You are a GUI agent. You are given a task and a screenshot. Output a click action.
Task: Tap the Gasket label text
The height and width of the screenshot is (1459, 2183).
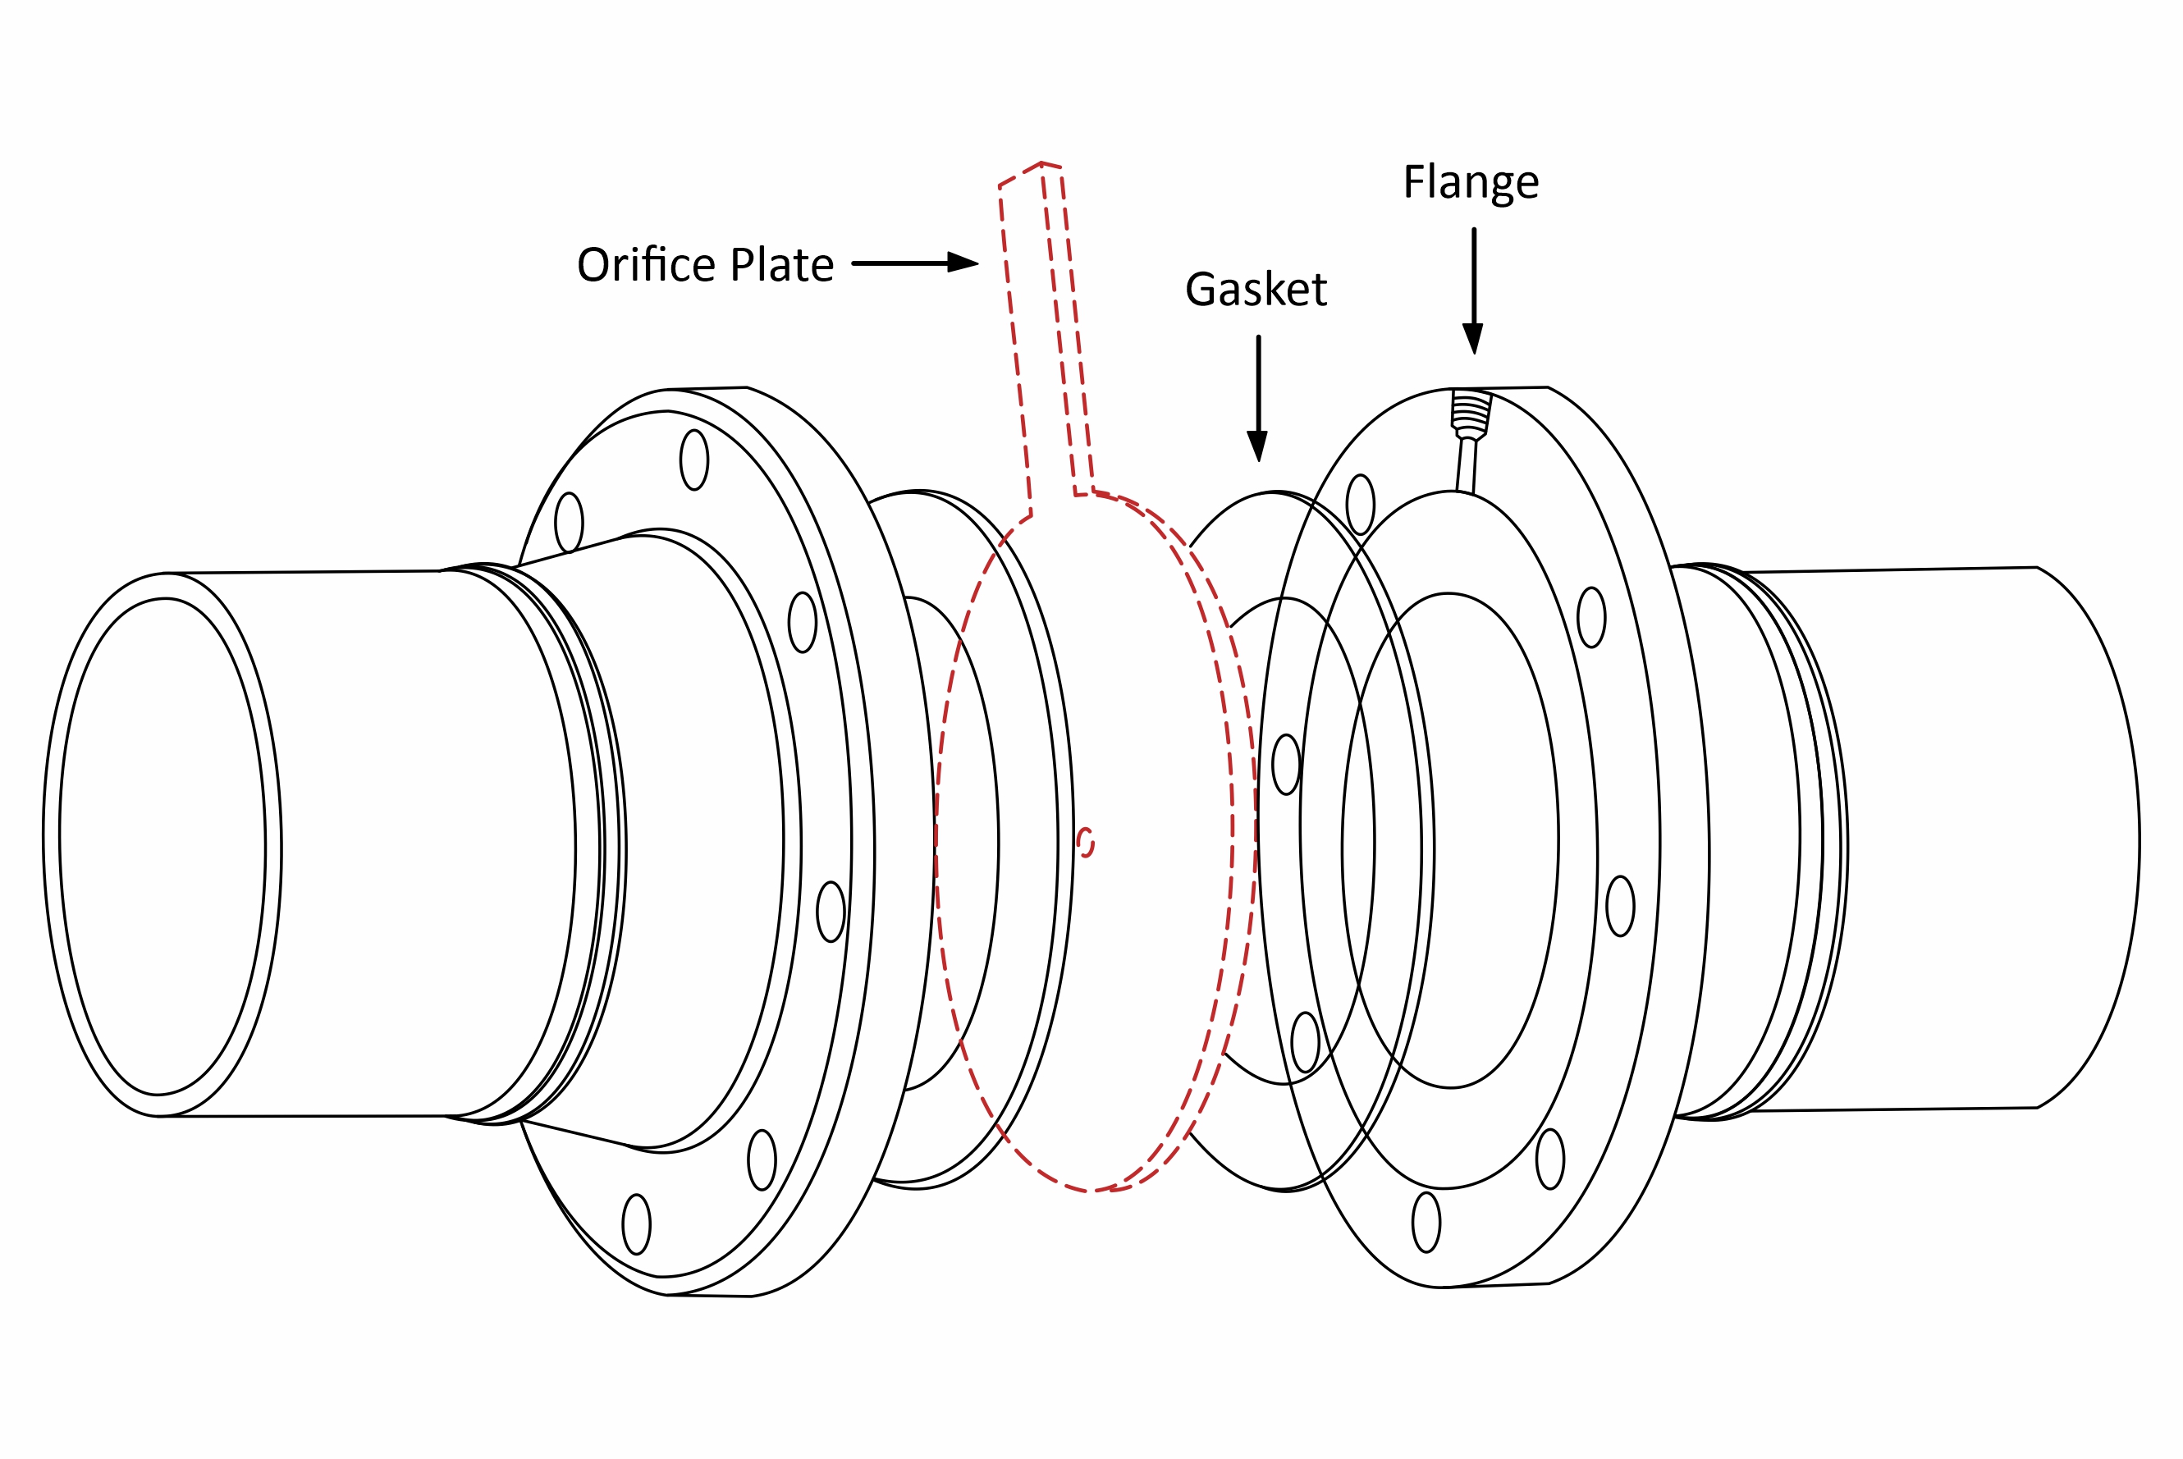pos(1256,290)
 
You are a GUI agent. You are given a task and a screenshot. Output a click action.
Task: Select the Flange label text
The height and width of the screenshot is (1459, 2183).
pos(1470,182)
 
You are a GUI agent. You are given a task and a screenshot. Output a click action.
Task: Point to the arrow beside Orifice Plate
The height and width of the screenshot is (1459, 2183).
pos(915,263)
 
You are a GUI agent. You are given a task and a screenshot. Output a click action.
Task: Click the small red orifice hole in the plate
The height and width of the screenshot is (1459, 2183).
pos(1085,842)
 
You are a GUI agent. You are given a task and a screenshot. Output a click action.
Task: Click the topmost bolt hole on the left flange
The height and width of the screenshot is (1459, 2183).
pos(694,460)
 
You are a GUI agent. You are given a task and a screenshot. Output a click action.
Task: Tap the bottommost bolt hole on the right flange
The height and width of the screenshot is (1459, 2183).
pos(1426,1222)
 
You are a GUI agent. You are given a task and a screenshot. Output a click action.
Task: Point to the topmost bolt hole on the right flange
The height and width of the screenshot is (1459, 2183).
pos(1361,505)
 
